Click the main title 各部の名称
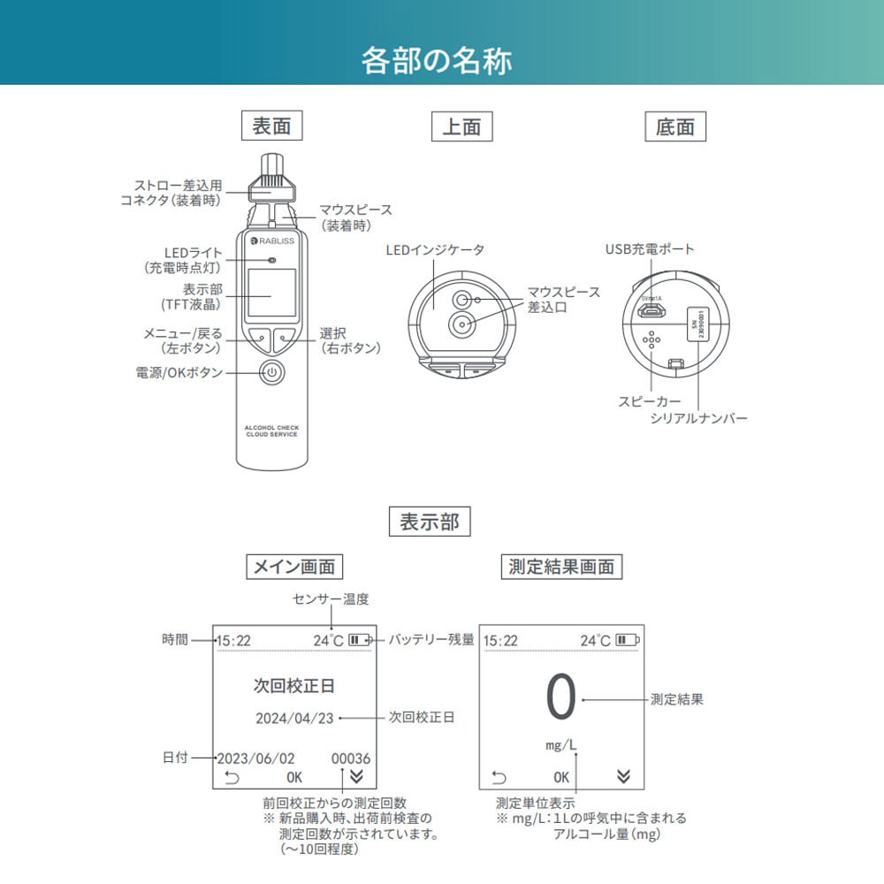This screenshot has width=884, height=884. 437,62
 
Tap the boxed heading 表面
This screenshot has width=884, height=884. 271,126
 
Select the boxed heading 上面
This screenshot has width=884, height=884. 461,127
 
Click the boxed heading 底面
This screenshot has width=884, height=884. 675,127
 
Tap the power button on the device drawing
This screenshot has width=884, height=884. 272,372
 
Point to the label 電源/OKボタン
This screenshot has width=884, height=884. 179,373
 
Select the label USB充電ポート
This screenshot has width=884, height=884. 650,250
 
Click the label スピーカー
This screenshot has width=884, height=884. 650,401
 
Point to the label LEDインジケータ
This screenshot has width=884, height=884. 435,250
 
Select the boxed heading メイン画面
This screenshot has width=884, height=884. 293,566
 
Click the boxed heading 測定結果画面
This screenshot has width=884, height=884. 561,566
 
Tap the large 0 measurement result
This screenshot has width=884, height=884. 561,697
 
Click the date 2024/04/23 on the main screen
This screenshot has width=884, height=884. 294,718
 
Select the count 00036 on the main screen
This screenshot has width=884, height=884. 351,758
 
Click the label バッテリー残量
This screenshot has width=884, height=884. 431,639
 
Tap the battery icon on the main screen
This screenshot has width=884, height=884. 360,639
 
